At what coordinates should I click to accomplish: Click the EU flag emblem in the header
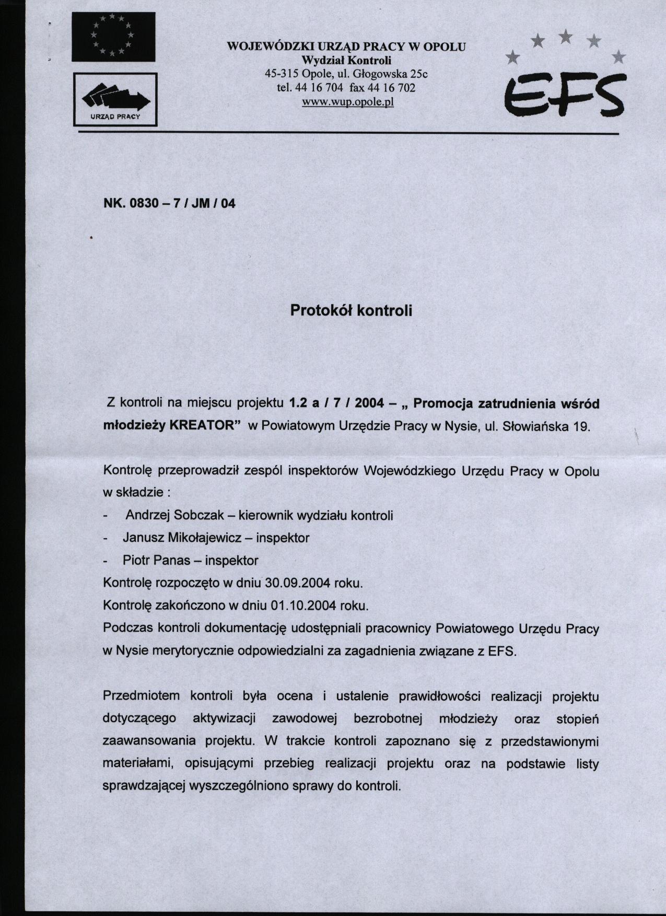click(x=113, y=37)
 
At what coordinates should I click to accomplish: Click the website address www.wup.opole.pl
click(x=347, y=101)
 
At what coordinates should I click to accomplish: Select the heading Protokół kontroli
click(x=351, y=310)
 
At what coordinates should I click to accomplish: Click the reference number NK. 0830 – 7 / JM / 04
click(x=170, y=203)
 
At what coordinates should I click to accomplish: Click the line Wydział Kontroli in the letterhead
click(x=346, y=61)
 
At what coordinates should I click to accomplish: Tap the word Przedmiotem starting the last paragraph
click(x=142, y=697)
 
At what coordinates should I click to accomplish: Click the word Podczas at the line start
click(x=127, y=629)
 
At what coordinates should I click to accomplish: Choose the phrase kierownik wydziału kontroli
click(x=316, y=515)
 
